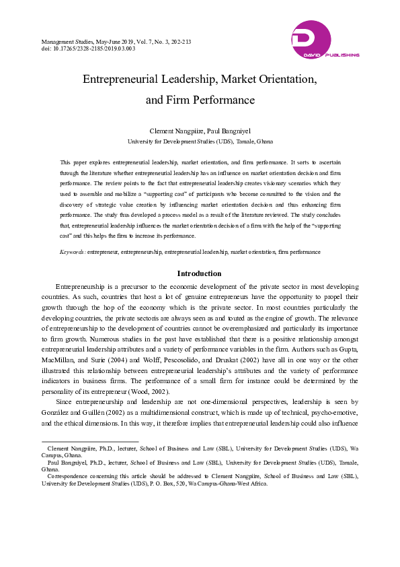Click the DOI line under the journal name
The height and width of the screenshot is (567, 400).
coord(88,49)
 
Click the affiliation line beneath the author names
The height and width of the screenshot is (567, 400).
coord(200,142)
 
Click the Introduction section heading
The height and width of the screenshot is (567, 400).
coord(199,273)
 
